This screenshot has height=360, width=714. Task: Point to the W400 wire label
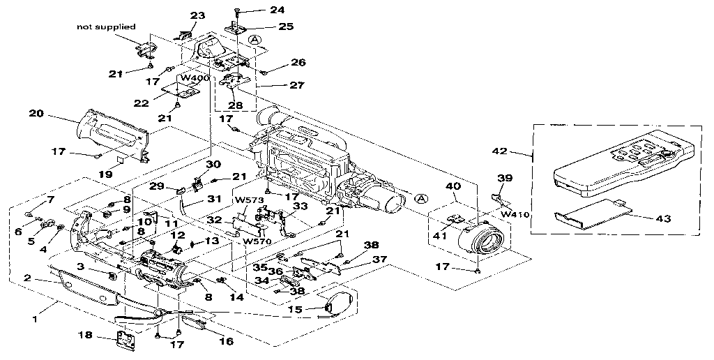tap(195, 78)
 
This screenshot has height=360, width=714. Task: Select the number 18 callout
tap(85, 336)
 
